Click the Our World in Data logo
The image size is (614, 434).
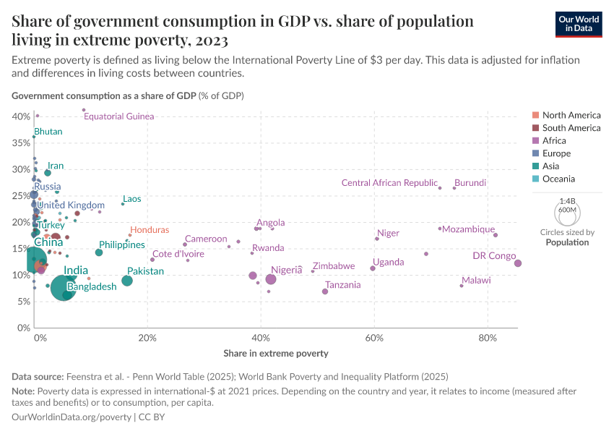tap(579, 24)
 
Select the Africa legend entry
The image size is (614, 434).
tap(554, 140)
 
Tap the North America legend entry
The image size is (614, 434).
tap(571, 115)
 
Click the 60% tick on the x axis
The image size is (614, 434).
tap(374, 337)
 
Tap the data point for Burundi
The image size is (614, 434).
tap(454, 188)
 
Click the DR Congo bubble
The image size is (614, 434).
tap(518, 263)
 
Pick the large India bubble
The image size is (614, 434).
tap(64, 290)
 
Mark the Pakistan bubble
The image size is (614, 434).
tap(127, 281)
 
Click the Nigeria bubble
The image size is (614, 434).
tap(271, 279)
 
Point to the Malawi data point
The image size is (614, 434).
tap(462, 286)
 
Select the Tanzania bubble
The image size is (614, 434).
tap(325, 292)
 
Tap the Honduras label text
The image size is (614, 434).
tap(150, 229)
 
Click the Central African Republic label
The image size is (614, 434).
tap(389, 184)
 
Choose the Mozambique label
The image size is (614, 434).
tap(468, 229)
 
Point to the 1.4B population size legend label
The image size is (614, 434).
tap(567, 202)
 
